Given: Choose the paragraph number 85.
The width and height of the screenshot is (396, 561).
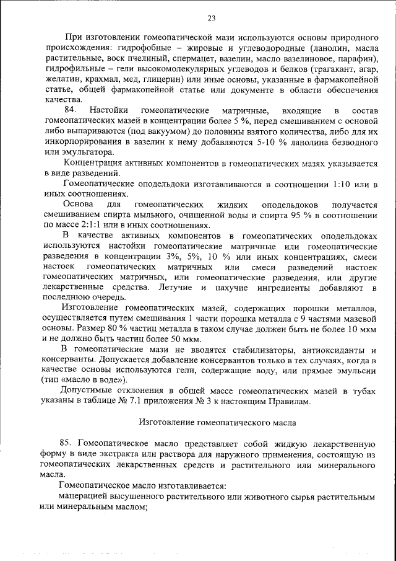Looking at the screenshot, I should point(67,444).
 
